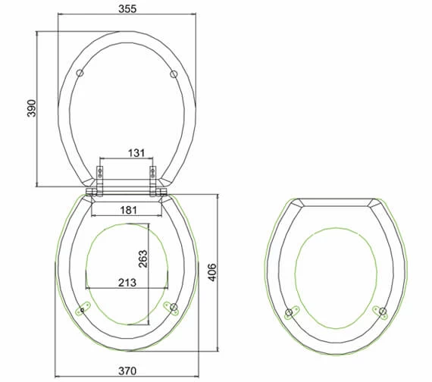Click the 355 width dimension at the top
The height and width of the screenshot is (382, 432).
pos(127,9)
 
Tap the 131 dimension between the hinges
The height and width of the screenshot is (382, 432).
pos(136,153)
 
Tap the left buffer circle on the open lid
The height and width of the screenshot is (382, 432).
pos(80,73)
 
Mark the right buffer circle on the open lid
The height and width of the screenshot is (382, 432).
pos(174,74)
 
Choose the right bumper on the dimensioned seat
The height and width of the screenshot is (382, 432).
pos(172,306)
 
